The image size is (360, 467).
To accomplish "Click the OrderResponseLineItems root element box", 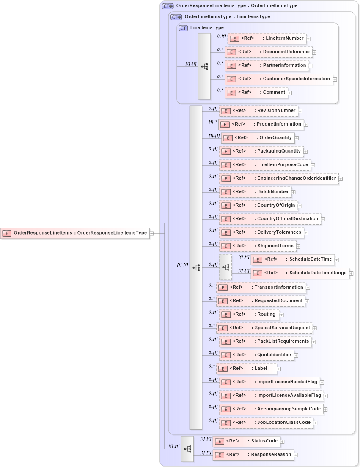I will point(75,233).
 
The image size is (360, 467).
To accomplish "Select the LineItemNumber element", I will point(267,38).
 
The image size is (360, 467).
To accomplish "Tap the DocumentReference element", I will point(269,52).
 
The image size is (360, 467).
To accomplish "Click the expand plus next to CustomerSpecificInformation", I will point(335,79).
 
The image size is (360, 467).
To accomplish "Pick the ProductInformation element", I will point(261,124).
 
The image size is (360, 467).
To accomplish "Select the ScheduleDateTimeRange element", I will point(300,273).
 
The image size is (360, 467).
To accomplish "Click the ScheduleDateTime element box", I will point(293,259).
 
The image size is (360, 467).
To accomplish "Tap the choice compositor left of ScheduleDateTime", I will point(225,267).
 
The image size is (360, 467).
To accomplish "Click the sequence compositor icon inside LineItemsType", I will point(204,67).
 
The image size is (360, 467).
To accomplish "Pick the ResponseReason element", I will point(253,455).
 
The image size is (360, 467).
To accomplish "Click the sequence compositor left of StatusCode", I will point(187,448).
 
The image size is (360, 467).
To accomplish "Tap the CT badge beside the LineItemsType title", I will point(183,28).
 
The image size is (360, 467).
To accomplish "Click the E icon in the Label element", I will point(223,369).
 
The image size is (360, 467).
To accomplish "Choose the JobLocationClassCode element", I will point(266,423).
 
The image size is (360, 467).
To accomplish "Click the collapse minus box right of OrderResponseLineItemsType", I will point(151,233).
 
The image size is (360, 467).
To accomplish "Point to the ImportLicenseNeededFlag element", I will point(269,382).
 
